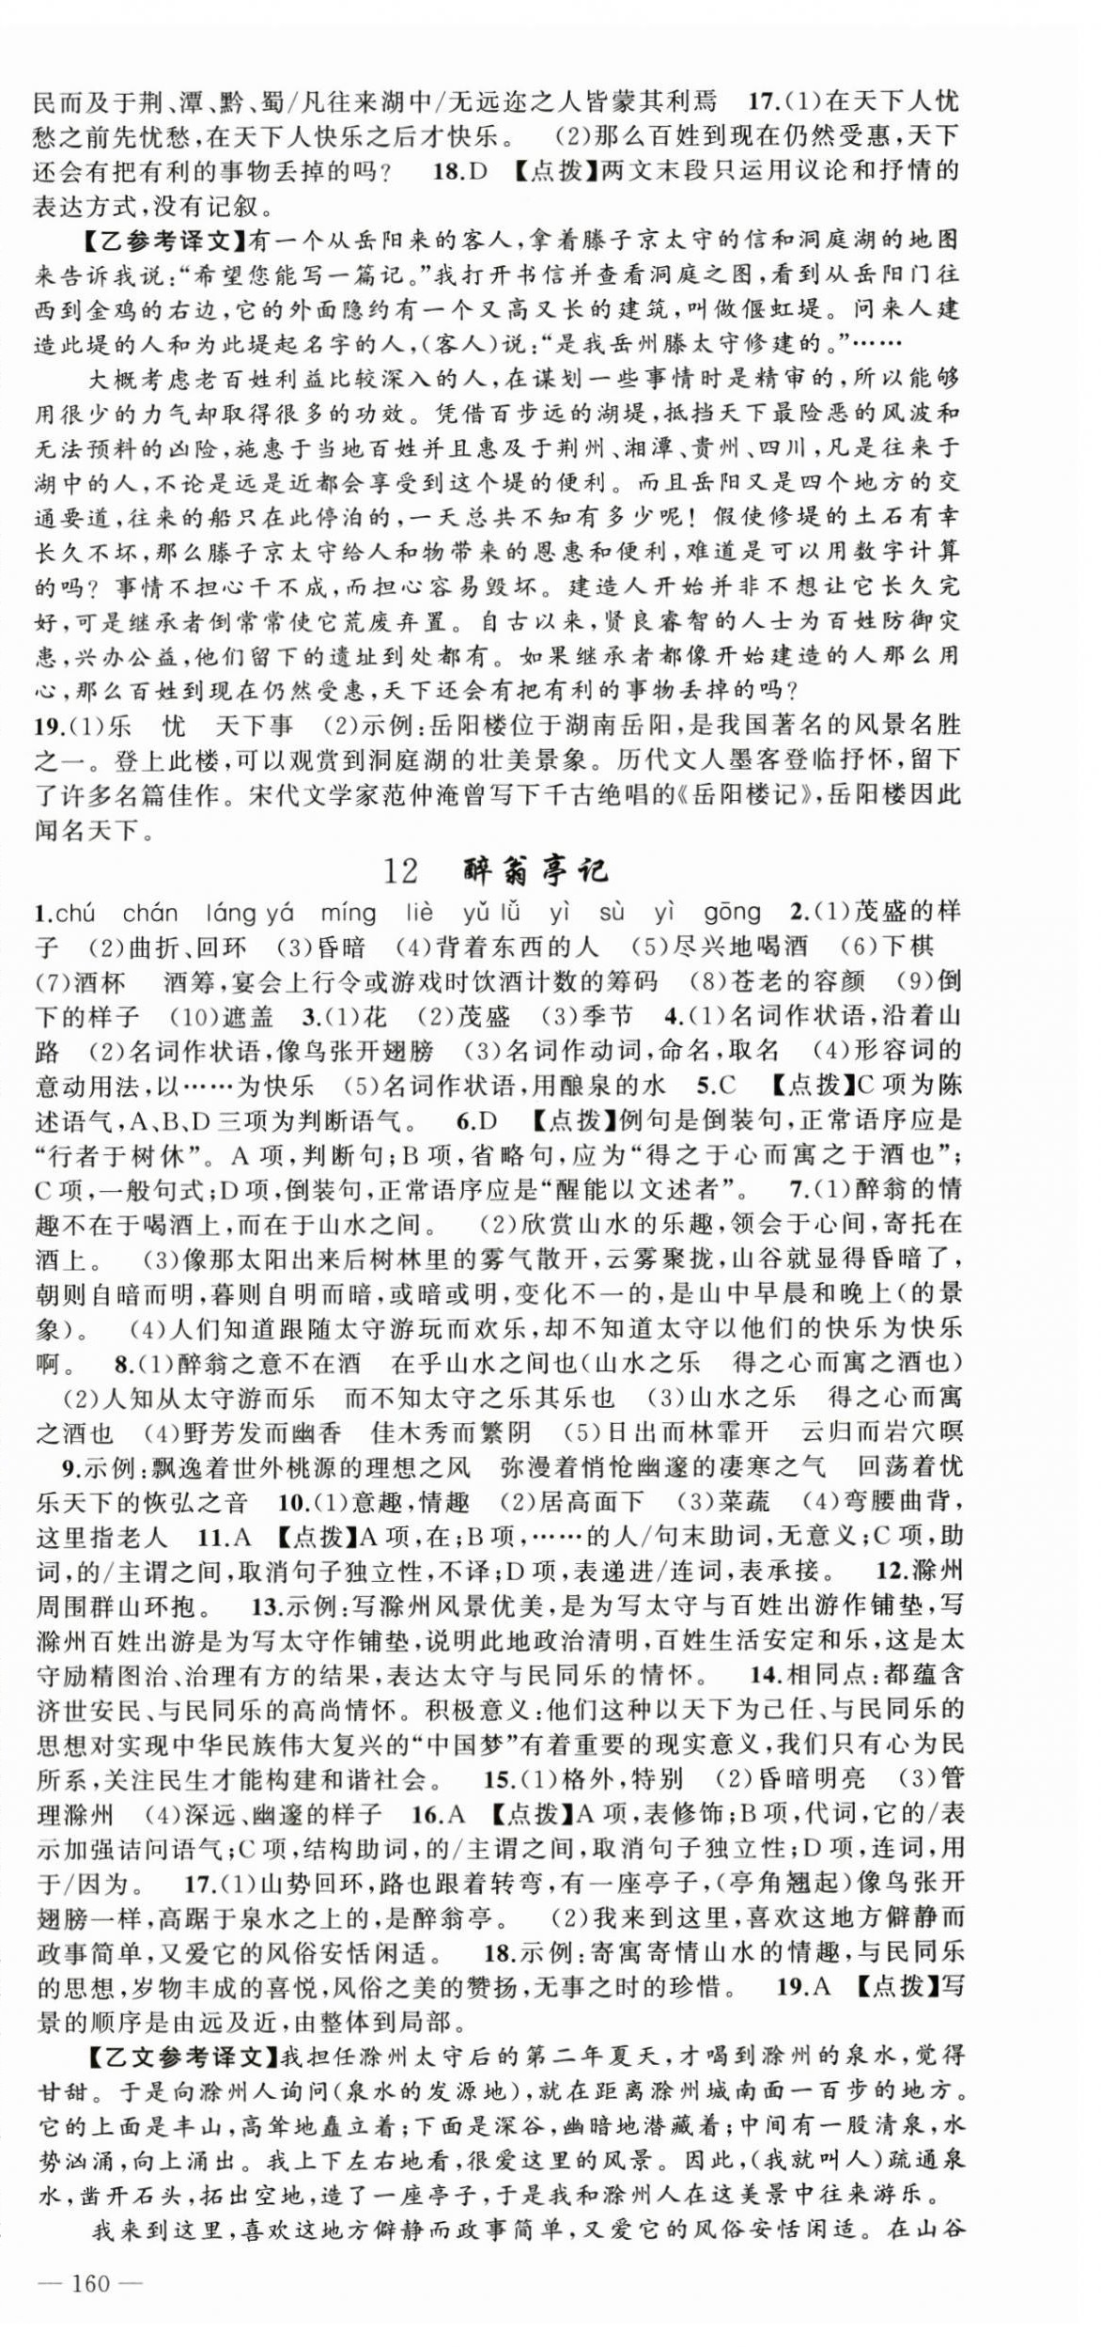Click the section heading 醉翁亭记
536,870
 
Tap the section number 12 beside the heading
401,871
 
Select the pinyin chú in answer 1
75,912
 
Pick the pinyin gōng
732,912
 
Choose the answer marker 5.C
716,1086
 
